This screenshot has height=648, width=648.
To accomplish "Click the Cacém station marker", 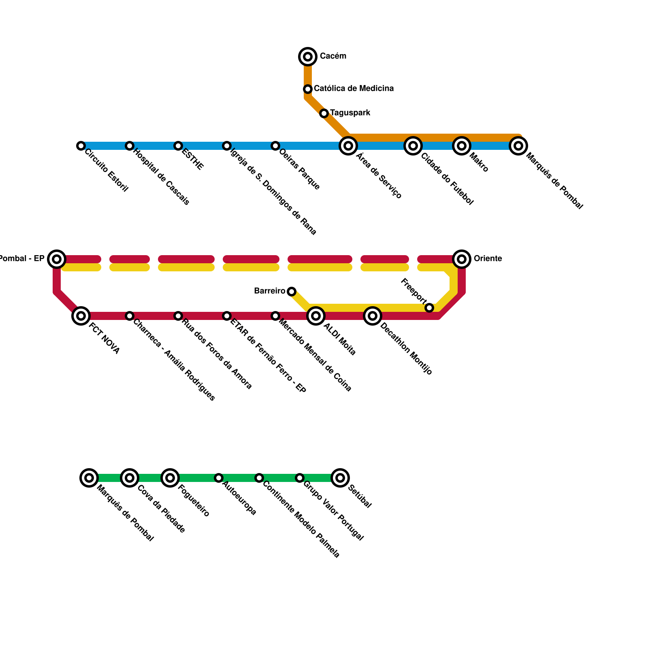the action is [x=308, y=57].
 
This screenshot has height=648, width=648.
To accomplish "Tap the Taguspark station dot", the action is [x=324, y=113].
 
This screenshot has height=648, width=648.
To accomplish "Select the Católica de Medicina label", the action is [x=354, y=88].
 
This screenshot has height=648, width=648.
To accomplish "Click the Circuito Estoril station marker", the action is [x=81, y=146].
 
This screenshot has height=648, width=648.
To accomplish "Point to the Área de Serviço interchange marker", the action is [x=348, y=146].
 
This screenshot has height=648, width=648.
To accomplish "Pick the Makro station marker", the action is [x=462, y=146].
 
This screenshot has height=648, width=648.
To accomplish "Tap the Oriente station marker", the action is [x=462, y=259].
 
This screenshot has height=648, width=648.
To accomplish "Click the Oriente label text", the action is [x=488, y=258].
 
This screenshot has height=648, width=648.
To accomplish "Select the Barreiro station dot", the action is [x=292, y=292].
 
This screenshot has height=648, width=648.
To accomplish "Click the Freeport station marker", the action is [x=429, y=308].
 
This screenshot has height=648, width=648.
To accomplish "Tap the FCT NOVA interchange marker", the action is [x=81, y=316].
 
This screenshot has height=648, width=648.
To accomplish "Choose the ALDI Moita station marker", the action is [x=316, y=316].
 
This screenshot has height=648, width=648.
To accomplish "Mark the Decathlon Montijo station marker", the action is [x=373, y=316].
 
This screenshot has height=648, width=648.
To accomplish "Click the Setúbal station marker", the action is [x=340, y=478].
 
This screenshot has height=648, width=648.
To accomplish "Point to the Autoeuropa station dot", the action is [x=219, y=478].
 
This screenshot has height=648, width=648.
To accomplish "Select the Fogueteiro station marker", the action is [x=170, y=478].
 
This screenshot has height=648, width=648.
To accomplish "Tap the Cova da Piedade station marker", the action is [x=130, y=478].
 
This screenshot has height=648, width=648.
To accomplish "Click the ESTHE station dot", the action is [x=178, y=146].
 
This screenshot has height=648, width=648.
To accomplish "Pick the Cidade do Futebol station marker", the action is [x=413, y=146].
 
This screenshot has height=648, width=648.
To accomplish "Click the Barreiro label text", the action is [x=269, y=291].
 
